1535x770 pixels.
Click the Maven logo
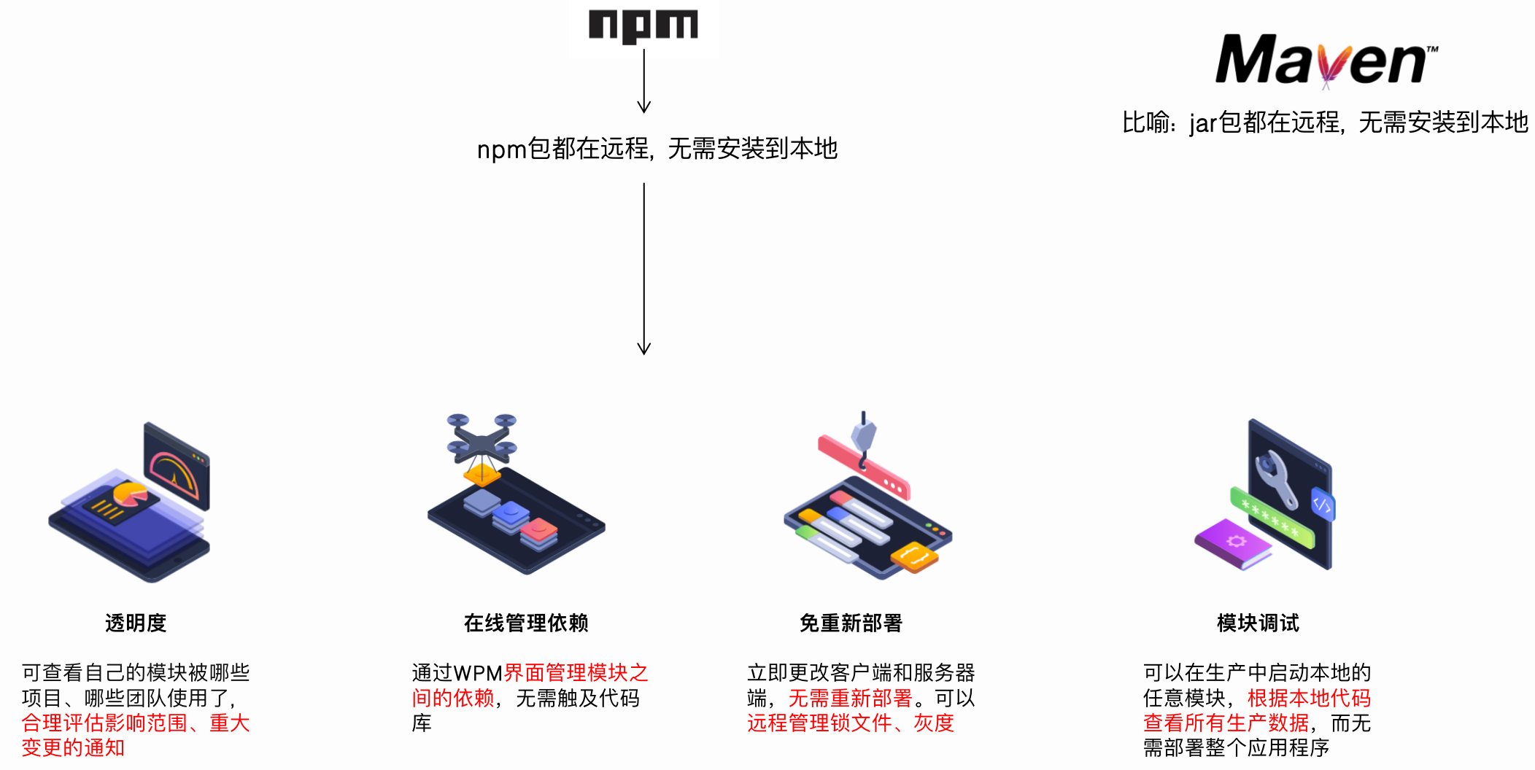tap(1325, 60)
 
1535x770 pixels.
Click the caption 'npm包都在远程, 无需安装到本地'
tap(657, 149)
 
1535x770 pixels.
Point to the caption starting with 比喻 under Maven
tap(1325, 122)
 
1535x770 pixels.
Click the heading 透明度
tap(136, 623)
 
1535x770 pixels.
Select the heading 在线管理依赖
tap(526, 623)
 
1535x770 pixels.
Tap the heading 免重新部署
tap(851, 623)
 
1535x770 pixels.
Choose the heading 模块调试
tap(1258, 623)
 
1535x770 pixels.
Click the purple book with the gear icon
tap(1233, 543)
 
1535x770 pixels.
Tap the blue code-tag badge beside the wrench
tap(1322, 504)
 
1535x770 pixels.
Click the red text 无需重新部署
tap(851, 699)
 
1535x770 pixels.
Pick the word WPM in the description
tap(478, 673)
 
